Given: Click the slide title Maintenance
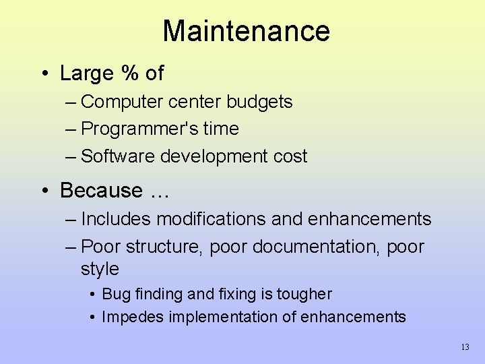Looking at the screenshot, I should (246, 31).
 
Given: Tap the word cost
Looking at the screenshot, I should (290, 156).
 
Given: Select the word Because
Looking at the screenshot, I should (101, 191).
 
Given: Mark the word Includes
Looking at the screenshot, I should (117, 219).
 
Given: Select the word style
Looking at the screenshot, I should (100, 269).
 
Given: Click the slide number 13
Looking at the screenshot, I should (465, 348).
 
